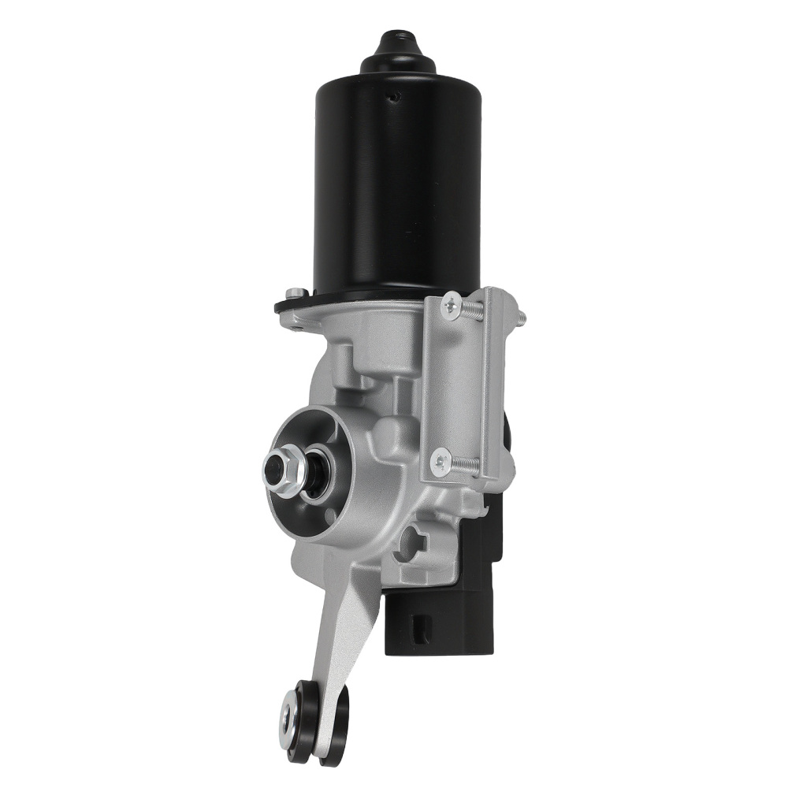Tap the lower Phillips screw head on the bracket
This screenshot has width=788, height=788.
click(x=440, y=460)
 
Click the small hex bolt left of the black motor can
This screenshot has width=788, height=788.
click(x=296, y=293)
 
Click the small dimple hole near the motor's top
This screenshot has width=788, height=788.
click(x=396, y=98)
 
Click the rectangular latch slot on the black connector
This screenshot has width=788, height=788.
click(x=419, y=628)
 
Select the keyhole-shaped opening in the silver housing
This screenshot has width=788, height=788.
click(x=413, y=541)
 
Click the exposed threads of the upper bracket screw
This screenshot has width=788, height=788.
click(x=472, y=310)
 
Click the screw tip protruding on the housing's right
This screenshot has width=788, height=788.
click(x=521, y=318)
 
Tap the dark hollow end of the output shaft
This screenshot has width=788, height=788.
click(x=273, y=471)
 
